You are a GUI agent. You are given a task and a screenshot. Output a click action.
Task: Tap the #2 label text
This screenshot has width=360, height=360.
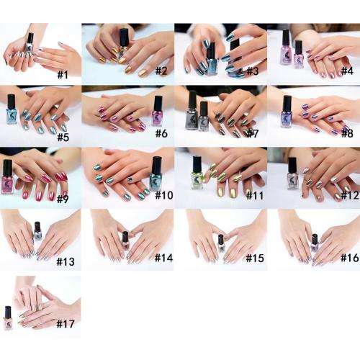(160, 71)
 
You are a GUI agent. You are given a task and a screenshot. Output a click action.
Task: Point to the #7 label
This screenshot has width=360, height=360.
(251, 134)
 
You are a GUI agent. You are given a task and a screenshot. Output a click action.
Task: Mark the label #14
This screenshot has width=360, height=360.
(160, 257)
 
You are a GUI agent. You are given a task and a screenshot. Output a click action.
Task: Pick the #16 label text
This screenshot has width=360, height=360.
(344, 257)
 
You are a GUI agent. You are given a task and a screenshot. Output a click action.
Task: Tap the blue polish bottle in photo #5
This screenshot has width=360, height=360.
(12, 108)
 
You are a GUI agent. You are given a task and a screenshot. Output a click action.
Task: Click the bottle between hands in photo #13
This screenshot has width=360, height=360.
(37, 233)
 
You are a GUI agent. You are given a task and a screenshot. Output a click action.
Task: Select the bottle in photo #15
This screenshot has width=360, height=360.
(221, 243)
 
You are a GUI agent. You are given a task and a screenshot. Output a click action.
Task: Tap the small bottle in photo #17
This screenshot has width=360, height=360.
(8, 318)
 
